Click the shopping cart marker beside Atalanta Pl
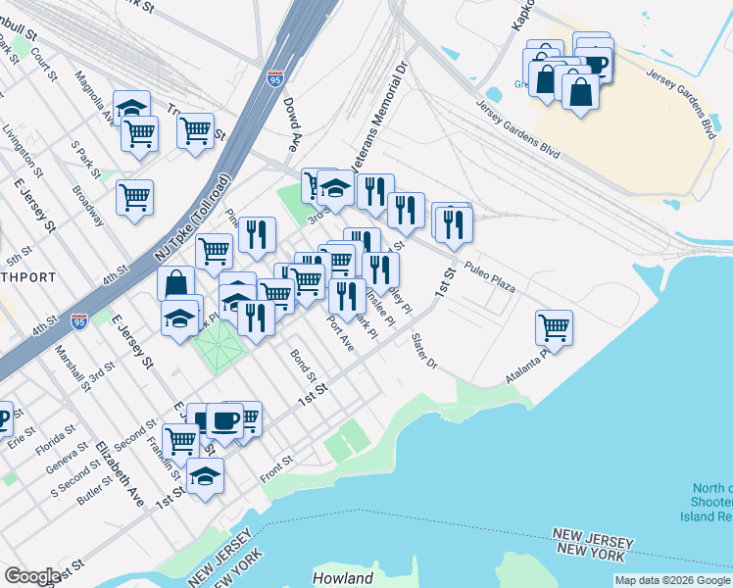(554, 327)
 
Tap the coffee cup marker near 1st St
(224, 420)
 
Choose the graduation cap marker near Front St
(206, 475)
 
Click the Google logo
(32, 576)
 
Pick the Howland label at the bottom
(344, 578)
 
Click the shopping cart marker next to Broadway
(134, 196)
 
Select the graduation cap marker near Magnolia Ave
(131, 107)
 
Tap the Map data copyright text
(672, 580)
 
